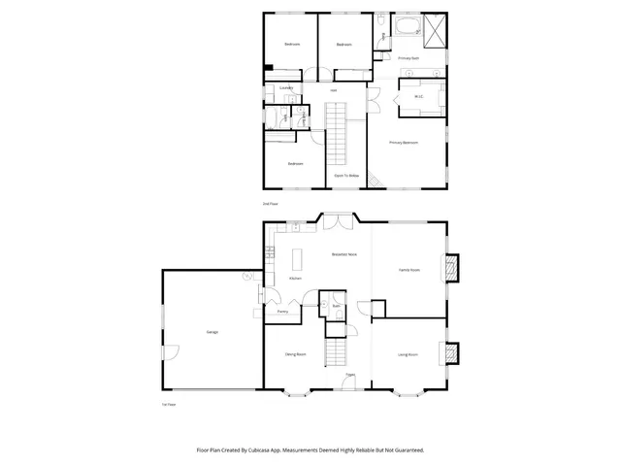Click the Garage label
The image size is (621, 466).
click(x=212, y=332)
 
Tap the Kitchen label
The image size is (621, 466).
click(x=295, y=279)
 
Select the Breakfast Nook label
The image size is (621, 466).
click(x=344, y=254)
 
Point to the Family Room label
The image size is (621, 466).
click(x=409, y=270)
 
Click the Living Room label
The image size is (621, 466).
click(x=408, y=354)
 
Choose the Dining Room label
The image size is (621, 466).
click(x=295, y=354)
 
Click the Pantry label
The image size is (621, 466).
click(x=281, y=312)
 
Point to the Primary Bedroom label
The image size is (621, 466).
click(x=404, y=143)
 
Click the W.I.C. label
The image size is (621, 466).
click(x=419, y=96)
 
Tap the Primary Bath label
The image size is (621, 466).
click(x=409, y=58)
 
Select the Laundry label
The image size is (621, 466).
click(x=286, y=88)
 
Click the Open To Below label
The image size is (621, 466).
click(x=343, y=176)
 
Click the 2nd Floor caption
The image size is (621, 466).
click(x=271, y=204)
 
